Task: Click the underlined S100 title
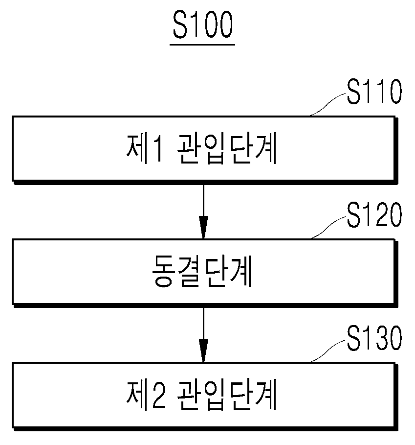click(x=203, y=25)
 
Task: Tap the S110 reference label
click(x=374, y=92)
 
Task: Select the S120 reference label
click(x=374, y=214)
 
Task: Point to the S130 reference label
click(x=374, y=338)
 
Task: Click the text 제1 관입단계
click(x=201, y=148)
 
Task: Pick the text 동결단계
click(x=202, y=272)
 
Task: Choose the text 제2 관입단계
click(x=201, y=395)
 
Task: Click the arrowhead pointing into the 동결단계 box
click(x=203, y=227)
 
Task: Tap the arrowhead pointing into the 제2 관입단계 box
click(x=203, y=351)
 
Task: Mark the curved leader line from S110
click(x=328, y=104)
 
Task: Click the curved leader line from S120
click(x=328, y=228)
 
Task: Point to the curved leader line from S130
click(x=328, y=351)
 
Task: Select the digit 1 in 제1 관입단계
click(x=157, y=149)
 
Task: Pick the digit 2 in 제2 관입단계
click(x=158, y=395)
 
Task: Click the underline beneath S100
click(x=202, y=45)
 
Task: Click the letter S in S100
click(x=180, y=25)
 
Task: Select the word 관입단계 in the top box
click(x=227, y=149)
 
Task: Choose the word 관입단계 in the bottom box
click(x=227, y=395)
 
